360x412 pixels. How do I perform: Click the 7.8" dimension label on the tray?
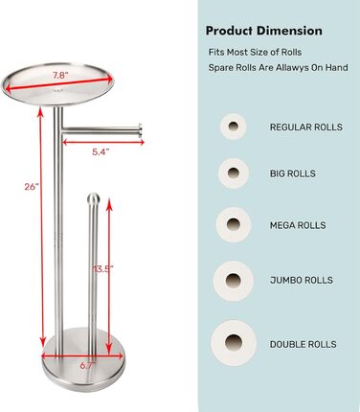60,76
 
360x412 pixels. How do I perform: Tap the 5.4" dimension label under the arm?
101,152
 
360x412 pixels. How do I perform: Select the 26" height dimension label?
32,187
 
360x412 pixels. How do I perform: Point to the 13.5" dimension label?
103,269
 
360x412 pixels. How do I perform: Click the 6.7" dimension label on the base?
87,366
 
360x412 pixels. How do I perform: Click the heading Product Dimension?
264,31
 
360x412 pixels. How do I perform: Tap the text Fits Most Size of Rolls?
255,52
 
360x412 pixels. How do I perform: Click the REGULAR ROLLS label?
306,127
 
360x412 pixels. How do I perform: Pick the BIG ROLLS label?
293,173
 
